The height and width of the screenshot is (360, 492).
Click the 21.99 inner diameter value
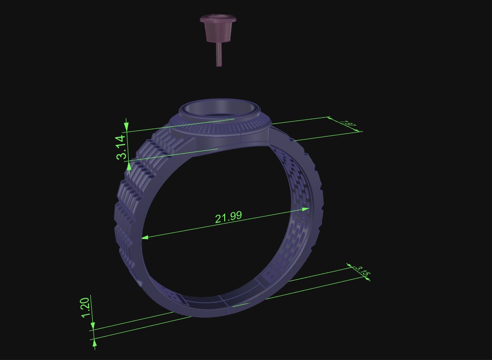coord(228,217)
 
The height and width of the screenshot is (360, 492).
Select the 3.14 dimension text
coord(121,147)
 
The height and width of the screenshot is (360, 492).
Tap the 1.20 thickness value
coord(85,308)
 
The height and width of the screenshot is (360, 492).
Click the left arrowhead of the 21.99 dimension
coord(145,237)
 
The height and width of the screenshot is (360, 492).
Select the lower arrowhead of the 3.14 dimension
coord(129,166)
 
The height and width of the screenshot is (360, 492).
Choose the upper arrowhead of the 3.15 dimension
coord(350,265)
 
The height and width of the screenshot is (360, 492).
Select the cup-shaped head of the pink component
coord(218,28)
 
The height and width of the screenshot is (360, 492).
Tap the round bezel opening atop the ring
coord(220,108)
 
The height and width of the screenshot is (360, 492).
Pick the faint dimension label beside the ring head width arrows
coord(349,125)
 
